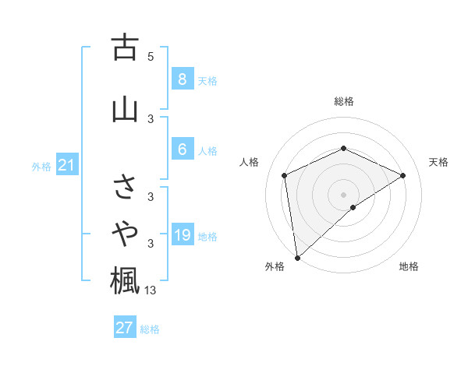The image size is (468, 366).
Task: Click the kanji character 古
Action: [x=125, y=48]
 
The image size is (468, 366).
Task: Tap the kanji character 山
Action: [x=125, y=109]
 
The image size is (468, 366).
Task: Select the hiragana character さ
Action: [x=125, y=188]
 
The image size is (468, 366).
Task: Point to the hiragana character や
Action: [x=125, y=232]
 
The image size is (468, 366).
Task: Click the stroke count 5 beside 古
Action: [x=151, y=56]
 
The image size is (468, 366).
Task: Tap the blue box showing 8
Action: [x=182, y=79]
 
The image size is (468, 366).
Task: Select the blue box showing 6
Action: [x=182, y=150]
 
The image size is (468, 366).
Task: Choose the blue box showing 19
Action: [x=182, y=235]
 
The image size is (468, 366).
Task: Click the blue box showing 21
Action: [x=67, y=165]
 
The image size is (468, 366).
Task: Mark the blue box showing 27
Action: [x=124, y=327]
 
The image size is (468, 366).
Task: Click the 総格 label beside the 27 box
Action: [x=150, y=329]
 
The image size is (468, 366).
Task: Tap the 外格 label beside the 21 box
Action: [x=41, y=167]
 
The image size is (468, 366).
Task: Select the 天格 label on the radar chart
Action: [x=438, y=162]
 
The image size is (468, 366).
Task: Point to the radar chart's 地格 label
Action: [x=409, y=266]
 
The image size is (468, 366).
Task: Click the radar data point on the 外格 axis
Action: [x=297, y=257]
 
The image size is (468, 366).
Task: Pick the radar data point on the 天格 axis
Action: [x=402, y=175]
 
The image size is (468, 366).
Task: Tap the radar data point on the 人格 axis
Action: [x=285, y=175]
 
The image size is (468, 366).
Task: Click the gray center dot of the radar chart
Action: [x=343, y=194]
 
